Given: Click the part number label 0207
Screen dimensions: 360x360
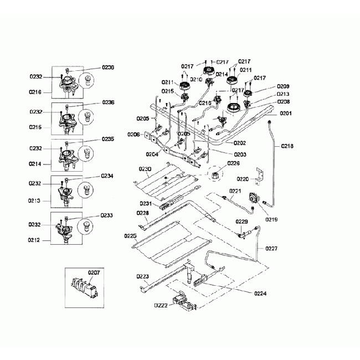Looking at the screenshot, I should tap(94, 272).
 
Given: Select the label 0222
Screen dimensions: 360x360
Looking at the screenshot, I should tap(161, 305).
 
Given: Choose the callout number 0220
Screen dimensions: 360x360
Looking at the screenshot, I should tap(243, 179).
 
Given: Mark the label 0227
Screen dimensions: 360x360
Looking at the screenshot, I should tap(271, 248).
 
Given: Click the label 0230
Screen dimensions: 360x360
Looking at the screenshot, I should tap(145, 168).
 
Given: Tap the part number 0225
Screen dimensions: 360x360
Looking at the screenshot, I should tap(130, 236).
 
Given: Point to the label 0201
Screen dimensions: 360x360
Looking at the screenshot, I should tap(285, 113).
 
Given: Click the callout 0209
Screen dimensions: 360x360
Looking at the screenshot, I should tap(283, 86).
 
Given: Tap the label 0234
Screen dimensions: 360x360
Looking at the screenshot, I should tap(107, 176).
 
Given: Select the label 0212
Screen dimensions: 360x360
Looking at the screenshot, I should tap(35, 241).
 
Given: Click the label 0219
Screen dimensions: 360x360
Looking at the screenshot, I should tap(271, 219).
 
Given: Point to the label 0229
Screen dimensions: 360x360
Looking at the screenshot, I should tap(241, 221).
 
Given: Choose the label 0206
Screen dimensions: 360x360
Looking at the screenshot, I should tap(133, 135).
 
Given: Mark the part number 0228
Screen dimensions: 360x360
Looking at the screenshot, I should tap(142, 212).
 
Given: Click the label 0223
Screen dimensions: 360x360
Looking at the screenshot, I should tap(142, 276).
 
